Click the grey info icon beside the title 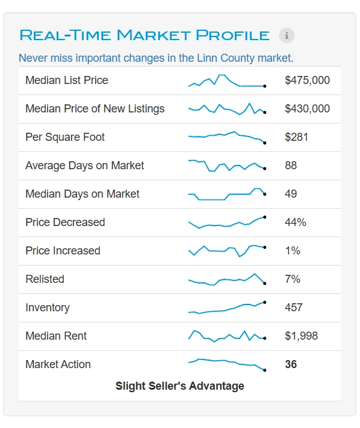pos(287,35)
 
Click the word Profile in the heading pos(233,35)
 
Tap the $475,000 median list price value pos(307,80)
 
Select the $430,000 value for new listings pos(307,109)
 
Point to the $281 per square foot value pos(296,137)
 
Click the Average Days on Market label pos(85,166)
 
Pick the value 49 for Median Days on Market pos(291,194)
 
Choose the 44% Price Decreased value pos(295,222)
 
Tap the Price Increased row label pos(63,251)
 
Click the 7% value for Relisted pos(293,279)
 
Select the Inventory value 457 pos(294,308)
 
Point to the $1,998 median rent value pos(301,336)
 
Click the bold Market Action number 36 pos(291,364)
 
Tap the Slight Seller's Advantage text pos(180,386)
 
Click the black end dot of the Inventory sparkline pos(264,302)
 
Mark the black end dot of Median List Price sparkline pos(264,86)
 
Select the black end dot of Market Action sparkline pos(264,370)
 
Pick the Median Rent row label pos(56,336)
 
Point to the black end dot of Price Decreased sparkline pos(264,217)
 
